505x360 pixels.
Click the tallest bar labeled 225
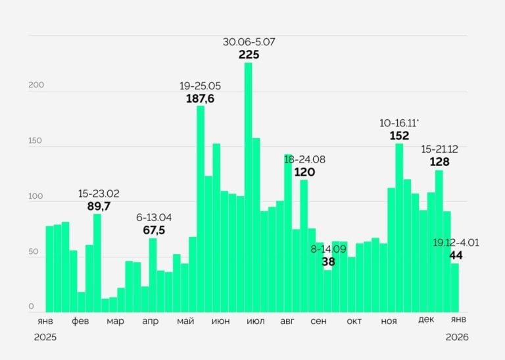pos(248,188)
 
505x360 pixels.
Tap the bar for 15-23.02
pos(97,263)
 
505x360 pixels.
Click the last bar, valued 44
pos(454,288)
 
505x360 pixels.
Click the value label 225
pos(249,55)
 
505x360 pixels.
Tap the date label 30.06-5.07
pos(249,42)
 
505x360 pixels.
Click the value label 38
pos(328,261)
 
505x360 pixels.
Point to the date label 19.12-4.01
pos(456,242)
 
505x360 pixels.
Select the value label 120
pos(304,172)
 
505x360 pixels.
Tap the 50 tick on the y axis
pos(33,252)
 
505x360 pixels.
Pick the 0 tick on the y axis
pos(31,307)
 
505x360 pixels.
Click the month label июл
pos(255,321)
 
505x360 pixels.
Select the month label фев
pos(80,321)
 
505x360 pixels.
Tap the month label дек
pos(426,320)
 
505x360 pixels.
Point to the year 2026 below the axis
pos(456,337)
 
